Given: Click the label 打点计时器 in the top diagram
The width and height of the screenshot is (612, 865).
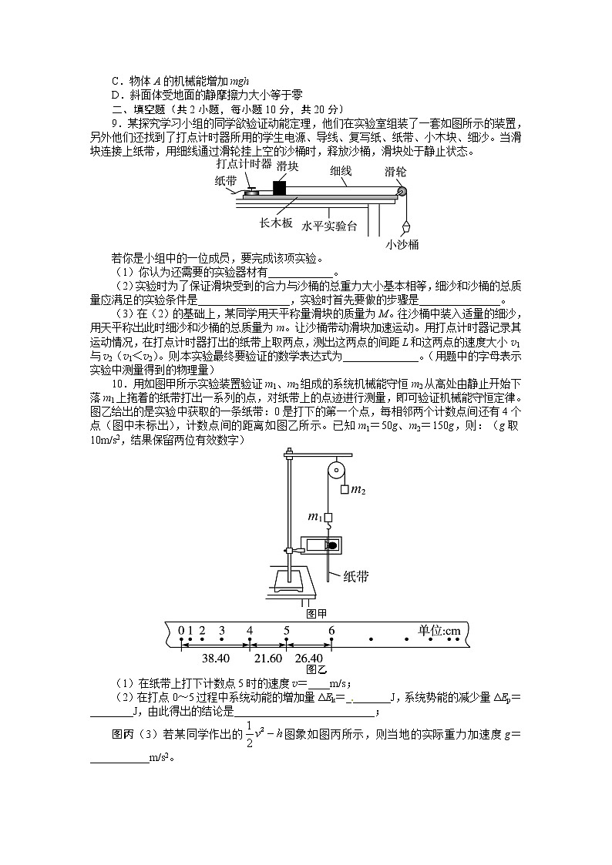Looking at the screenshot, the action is click(x=244, y=163).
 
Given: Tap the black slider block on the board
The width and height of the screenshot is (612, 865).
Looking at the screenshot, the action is click(x=279, y=186).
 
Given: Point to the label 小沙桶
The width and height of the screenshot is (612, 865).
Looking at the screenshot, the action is click(x=402, y=244).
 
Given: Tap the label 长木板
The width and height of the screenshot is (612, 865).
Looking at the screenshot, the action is click(x=275, y=225).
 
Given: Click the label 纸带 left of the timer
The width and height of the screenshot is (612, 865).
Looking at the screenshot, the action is click(x=226, y=181).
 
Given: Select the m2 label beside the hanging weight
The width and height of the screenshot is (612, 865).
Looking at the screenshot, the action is click(x=358, y=489).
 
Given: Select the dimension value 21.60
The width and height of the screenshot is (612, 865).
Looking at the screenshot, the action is click(x=268, y=659).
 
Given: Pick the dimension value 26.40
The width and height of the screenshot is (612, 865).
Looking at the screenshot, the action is click(x=308, y=659).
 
